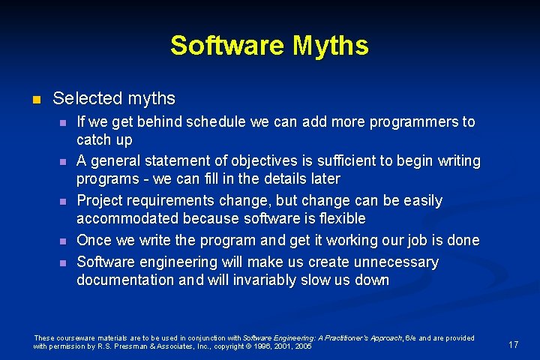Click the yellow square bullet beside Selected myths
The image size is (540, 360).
click(34, 99)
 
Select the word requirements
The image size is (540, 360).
click(174, 201)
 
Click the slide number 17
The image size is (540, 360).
click(513, 345)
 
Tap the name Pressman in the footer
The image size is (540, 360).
click(116, 346)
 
